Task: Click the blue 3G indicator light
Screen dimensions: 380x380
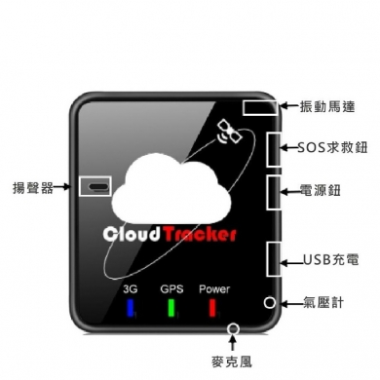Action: coord(131,307)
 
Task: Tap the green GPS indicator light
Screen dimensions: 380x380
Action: coord(171,307)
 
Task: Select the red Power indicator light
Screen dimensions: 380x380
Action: coord(212,307)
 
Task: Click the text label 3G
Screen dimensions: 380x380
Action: coord(131,288)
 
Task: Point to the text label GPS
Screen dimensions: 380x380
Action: coord(171,288)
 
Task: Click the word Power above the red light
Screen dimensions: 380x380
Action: coord(214,288)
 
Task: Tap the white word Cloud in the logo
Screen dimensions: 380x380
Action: coord(132,234)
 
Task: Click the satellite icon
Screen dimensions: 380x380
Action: coord(230,132)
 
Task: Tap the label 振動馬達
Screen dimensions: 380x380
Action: coord(327,107)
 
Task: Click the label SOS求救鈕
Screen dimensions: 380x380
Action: coord(333,147)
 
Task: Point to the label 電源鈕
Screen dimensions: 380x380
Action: coord(320,190)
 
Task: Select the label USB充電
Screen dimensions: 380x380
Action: coord(331,260)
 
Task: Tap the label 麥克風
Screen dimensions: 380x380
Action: coord(232,361)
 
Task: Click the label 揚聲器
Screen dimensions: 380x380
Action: coord(33,187)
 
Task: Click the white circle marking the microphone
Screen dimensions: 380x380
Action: coord(233,329)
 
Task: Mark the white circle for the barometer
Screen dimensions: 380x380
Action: coord(270,303)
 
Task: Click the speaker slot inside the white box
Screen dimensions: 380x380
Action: coord(98,187)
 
